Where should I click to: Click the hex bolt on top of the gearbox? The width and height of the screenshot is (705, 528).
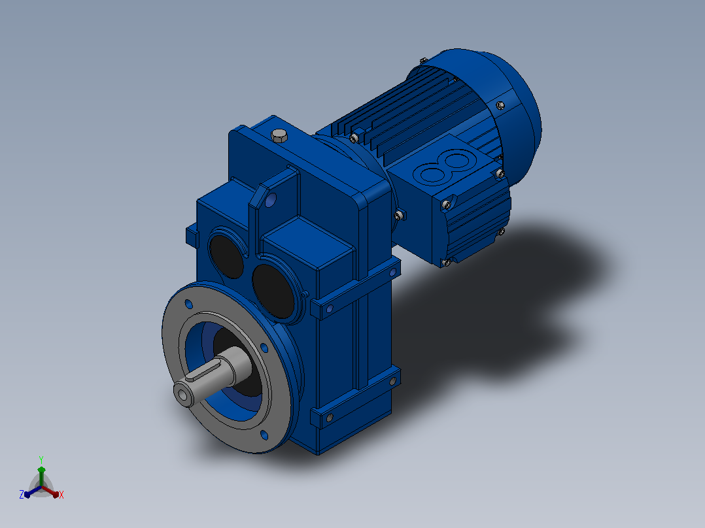click(x=280, y=135)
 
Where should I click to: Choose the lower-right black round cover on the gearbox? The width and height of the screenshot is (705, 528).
click(x=273, y=291)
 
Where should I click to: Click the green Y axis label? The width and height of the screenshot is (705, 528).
click(x=41, y=460)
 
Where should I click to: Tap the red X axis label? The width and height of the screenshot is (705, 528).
click(x=61, y=495)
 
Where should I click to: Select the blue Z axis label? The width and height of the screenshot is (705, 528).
click(x=22, y=495)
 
